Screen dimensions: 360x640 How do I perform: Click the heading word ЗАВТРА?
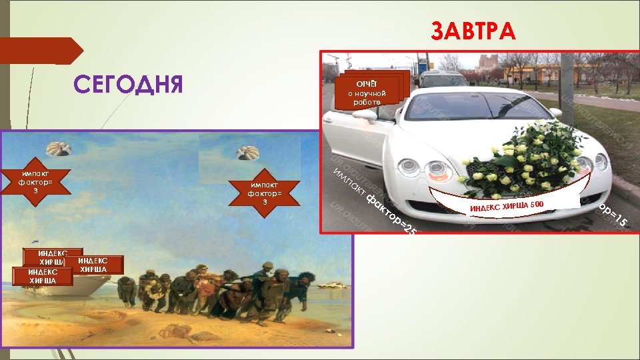click(x=473, y=31)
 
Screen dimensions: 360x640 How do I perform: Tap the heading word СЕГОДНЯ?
click(x=128, y=85)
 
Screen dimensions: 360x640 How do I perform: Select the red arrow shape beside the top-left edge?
click(x=40, y=51)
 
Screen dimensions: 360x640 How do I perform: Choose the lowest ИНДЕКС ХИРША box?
click(x=41, y=276)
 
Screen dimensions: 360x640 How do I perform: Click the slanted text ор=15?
click(x=611, y=215)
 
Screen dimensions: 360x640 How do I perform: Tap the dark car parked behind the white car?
click(x=443, y=79)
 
